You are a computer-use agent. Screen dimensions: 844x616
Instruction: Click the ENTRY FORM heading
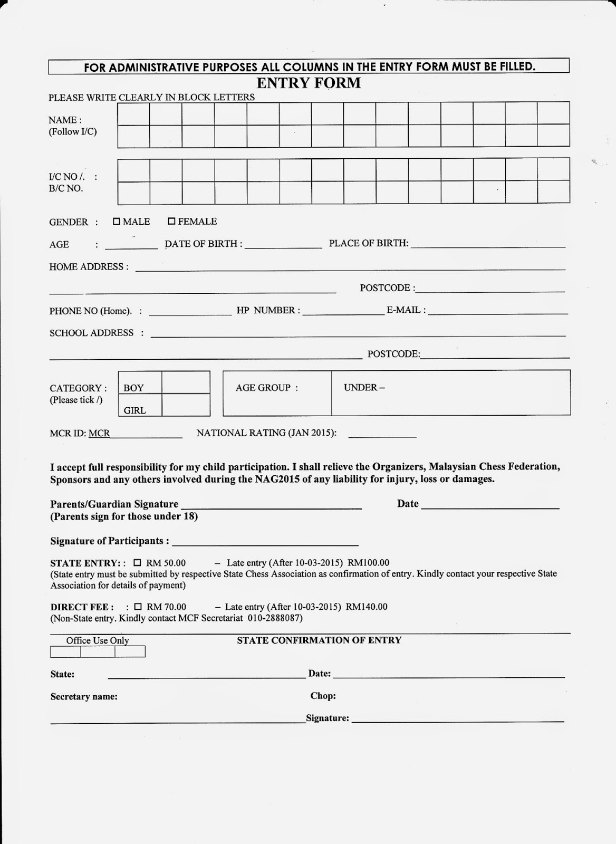[309, 83]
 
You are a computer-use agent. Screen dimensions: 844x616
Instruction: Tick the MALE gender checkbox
[117, 222]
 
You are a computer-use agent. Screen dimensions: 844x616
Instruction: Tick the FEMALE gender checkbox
[171, 222]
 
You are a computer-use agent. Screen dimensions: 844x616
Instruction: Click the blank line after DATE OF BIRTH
[283, 246]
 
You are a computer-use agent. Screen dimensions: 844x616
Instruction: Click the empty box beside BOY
[185, 382]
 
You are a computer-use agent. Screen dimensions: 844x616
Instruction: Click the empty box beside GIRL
[185, 405]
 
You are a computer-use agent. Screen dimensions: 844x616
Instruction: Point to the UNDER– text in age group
[364, 388]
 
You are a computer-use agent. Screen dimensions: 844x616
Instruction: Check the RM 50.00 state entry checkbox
[138, 562]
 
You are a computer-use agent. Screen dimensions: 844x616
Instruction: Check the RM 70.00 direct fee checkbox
[138, 607]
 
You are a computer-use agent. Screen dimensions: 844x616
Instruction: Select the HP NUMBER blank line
[343, 313]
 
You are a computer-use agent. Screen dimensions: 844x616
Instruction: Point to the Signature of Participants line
[265, 543]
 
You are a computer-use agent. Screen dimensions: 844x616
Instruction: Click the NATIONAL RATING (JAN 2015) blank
[382, 436]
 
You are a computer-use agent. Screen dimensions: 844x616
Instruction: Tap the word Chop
[323, 696]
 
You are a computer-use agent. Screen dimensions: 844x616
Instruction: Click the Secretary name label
[84, 697]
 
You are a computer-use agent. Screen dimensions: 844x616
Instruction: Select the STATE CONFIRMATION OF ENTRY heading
[319, 640]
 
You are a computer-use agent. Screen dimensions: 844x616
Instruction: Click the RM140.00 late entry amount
[367, 607]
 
